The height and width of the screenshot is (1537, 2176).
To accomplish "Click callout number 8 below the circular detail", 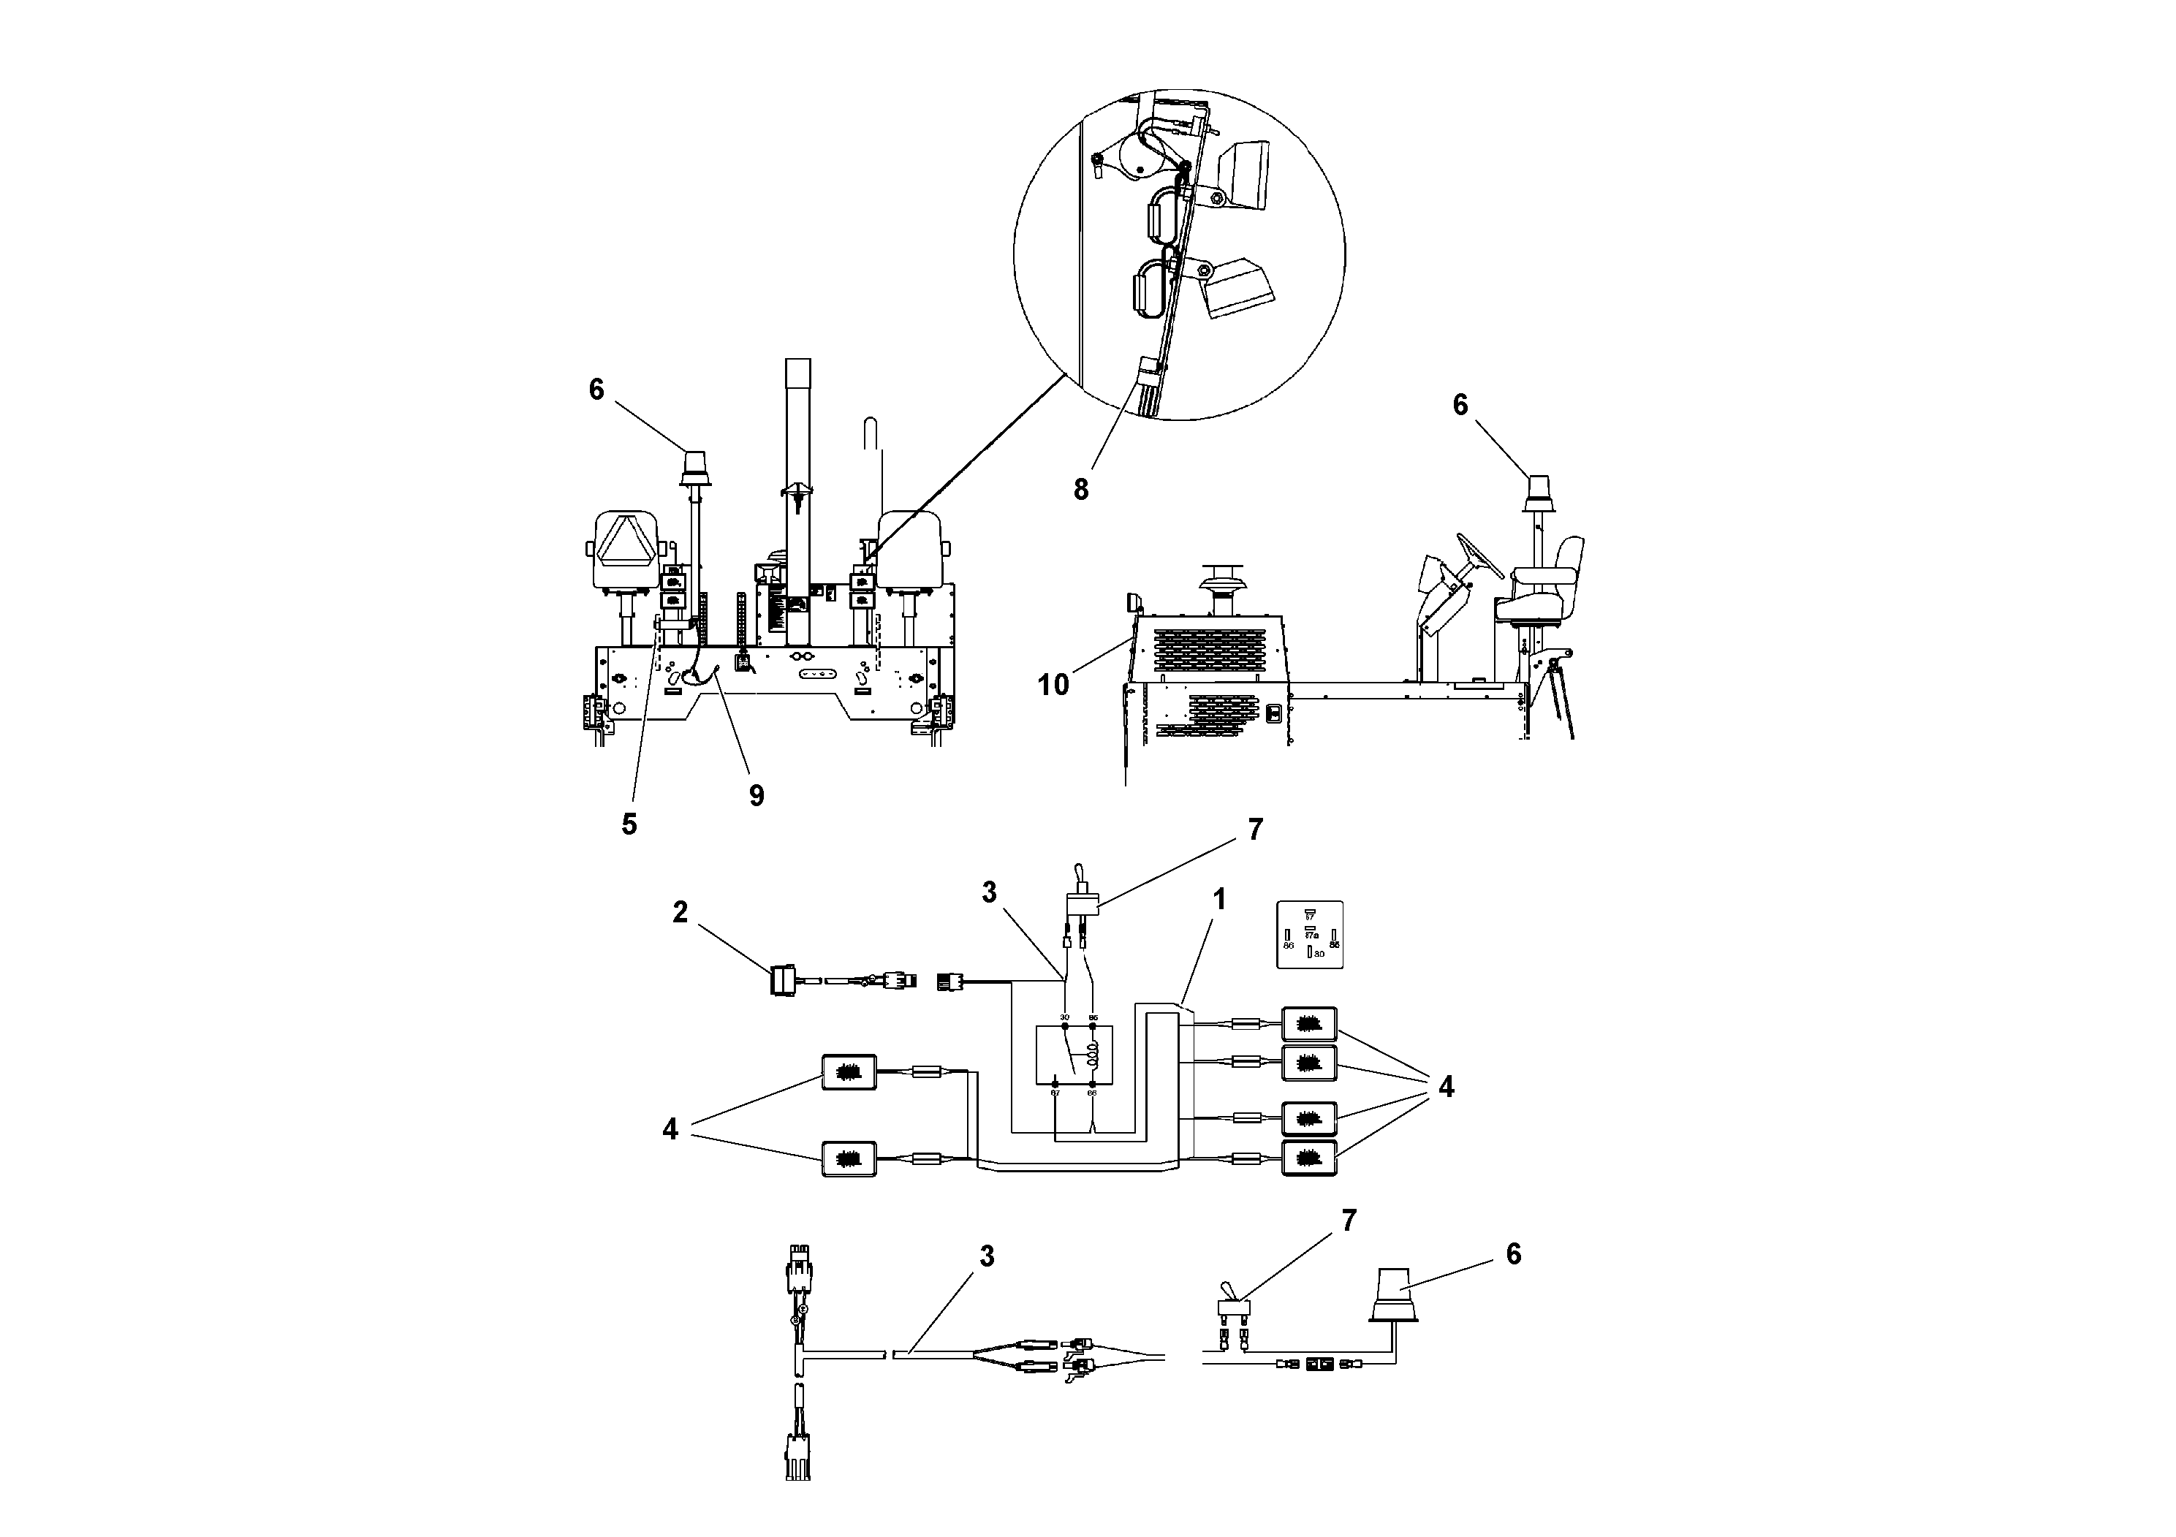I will click(1081, 490).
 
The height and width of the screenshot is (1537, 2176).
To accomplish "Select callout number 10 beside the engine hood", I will click(1053, 684).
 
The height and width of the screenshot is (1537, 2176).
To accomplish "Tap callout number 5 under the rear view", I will click(629, 824).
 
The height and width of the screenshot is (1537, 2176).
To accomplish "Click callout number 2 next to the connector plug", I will click(680, 913).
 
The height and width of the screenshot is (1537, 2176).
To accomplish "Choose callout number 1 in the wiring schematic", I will click(1220, 899).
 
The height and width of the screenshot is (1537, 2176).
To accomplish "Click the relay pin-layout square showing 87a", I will click(1310, 934).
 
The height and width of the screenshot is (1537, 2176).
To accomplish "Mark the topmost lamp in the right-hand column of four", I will click(1309, 1025).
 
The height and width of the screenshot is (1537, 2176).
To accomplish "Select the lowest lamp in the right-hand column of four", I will click(1309, 1158).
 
